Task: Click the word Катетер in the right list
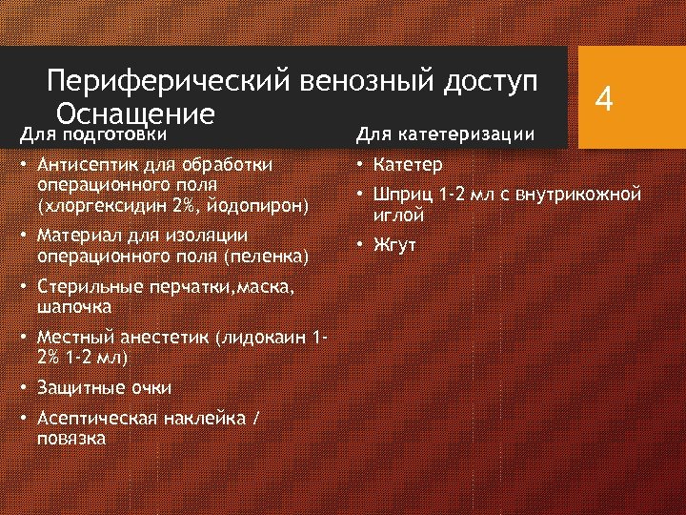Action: (409, 165)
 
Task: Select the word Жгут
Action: (395, 245)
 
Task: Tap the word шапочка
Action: (74, 307)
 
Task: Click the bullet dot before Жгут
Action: (361, 245)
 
